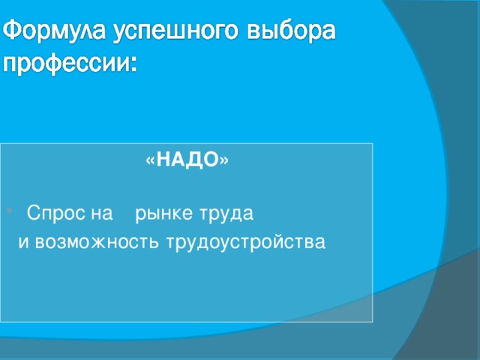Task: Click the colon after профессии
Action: (x=133, y=65)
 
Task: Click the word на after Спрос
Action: (x=100, y=215)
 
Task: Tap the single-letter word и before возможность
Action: (x=22, y=243)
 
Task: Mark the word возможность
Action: (x=97, y=243)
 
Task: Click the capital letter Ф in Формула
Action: (x=14, y=33)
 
